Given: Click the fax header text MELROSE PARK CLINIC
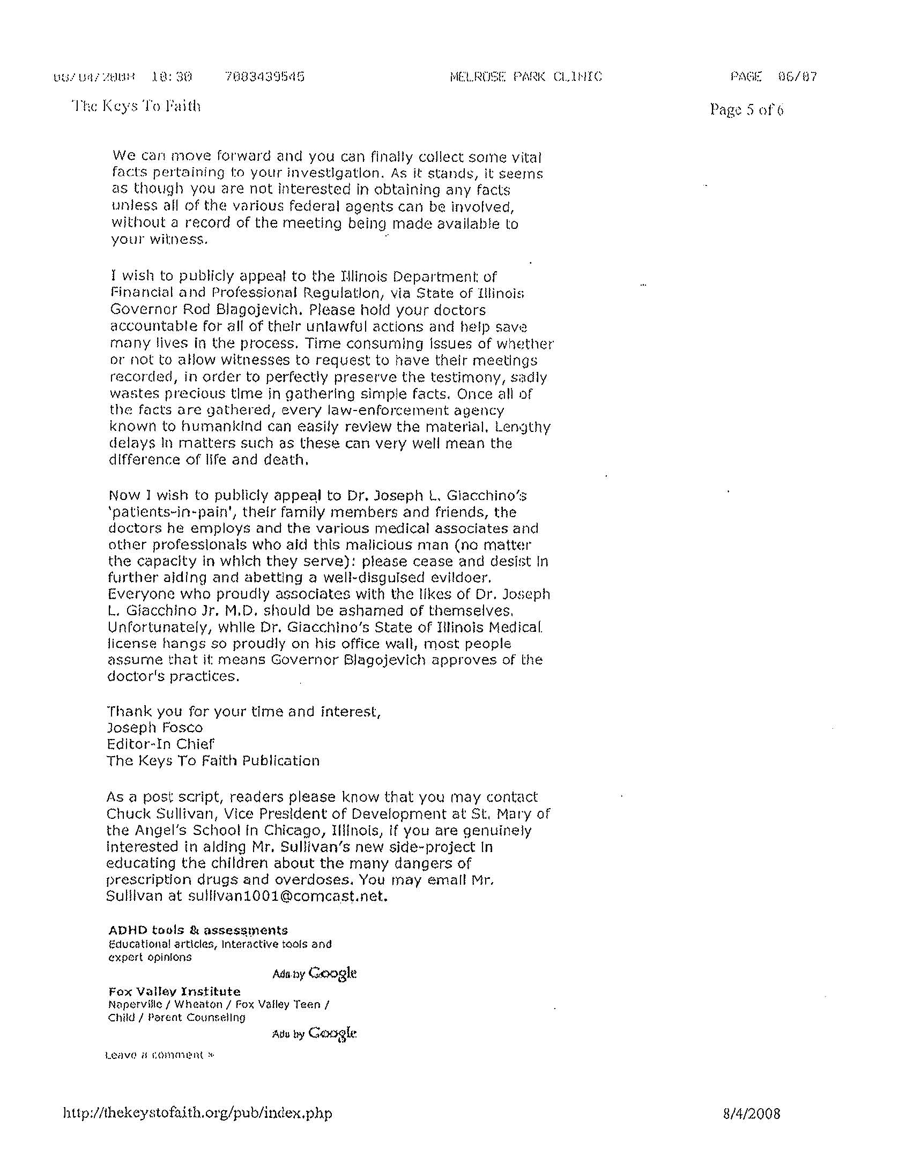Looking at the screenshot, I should point(526,77).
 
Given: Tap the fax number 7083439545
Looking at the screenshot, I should point(265,77).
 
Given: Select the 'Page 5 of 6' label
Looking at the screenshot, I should point(746,109).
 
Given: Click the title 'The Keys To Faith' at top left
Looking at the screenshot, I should point(136,106).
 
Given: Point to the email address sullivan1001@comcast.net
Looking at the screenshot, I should point(287,896).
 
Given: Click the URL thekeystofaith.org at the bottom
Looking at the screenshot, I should point(197,1113).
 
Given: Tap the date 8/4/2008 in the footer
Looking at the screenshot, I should point(752,1113).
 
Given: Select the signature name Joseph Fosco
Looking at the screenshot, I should point(155,728).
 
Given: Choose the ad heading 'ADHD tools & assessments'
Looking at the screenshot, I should point(198,930).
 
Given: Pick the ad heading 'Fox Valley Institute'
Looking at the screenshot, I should point(174,991).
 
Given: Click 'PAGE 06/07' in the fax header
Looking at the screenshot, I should point(773,77).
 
